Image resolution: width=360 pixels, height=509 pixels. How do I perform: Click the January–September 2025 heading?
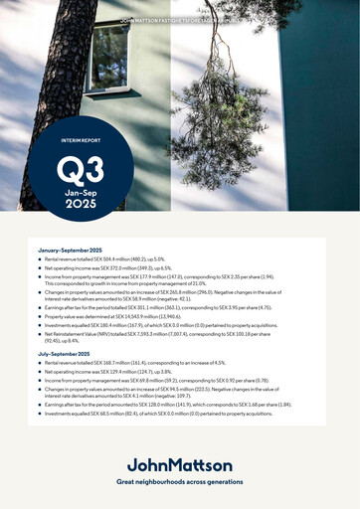coord(73,249)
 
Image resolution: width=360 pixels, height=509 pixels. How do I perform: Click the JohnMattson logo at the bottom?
coord(180,464)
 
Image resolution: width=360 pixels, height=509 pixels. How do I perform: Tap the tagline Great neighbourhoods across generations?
coord(180,481)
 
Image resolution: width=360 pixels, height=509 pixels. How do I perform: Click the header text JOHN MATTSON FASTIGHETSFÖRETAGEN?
coord(180,20)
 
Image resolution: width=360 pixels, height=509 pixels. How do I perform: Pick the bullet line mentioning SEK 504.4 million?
coord(119,259)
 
